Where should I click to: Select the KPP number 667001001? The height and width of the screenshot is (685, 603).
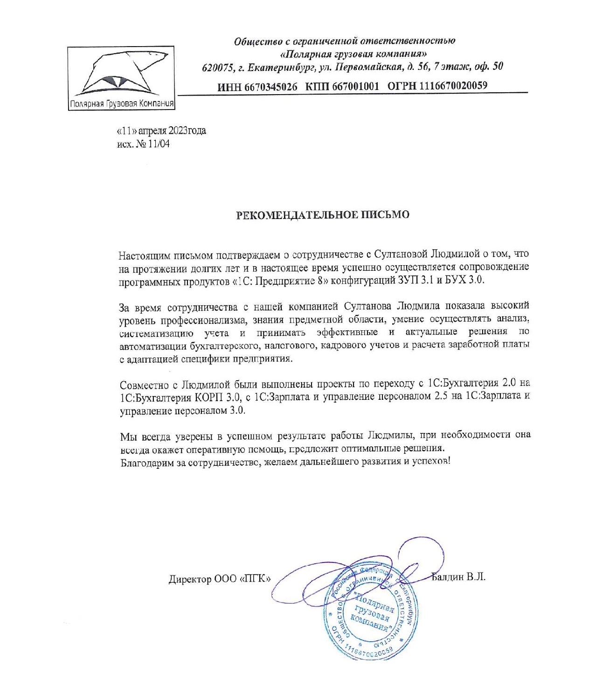tap(355, 86)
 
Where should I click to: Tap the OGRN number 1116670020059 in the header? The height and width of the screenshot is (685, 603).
tap(453, 85)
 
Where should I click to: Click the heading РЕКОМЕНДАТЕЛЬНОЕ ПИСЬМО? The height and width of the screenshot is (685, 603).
tap(322, 215)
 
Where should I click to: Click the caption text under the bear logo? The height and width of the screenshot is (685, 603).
tap(121, 103)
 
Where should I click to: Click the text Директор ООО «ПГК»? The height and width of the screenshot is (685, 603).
tap(220, 579)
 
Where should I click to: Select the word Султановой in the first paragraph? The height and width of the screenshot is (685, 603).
tap(400, 254)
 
